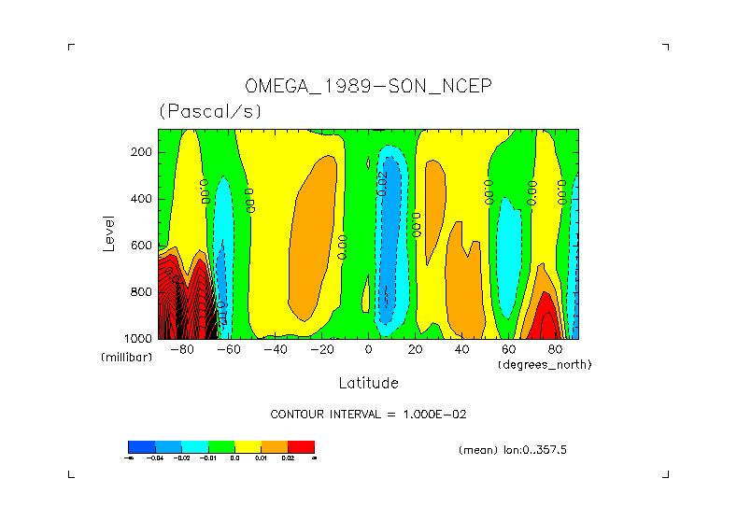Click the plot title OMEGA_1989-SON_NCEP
[x=368, y=86]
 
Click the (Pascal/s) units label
[x=210, y=111]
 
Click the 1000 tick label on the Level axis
[x=139, y=338]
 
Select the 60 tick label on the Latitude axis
[x=508, y=350]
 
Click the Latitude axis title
[x=368, y=383]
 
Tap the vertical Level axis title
[x=108, y=232]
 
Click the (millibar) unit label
[x=126, y=358]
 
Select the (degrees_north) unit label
[x=545, y=364]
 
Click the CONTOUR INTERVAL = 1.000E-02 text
[x=368, y=414]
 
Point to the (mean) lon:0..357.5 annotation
[x=513, y=450]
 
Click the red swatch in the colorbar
[x=301, y=446]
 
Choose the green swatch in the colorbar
[x=220, y=446]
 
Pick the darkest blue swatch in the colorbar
[x=141, y=446]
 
